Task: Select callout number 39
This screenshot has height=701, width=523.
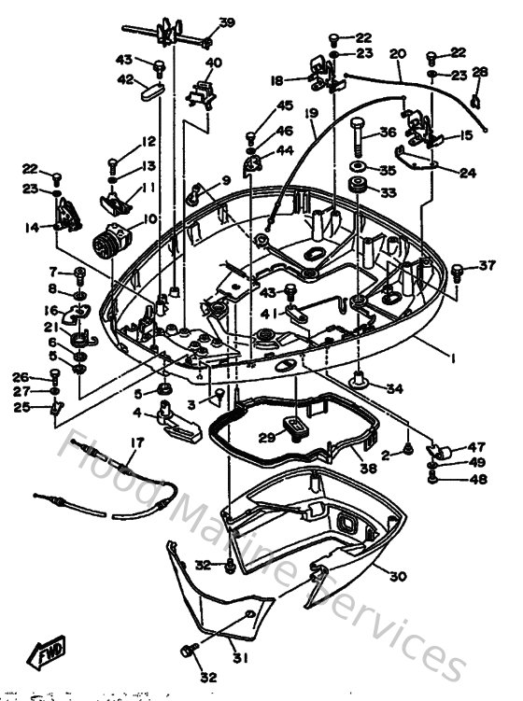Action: [227, 22]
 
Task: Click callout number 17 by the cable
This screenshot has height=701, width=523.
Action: [137, 442]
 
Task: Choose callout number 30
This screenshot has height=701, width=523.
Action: [398, 576]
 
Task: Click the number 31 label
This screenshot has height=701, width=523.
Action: [239, 656]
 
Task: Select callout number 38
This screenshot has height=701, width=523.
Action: [368, 469]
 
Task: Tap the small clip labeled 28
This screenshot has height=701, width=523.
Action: [476, 96]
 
